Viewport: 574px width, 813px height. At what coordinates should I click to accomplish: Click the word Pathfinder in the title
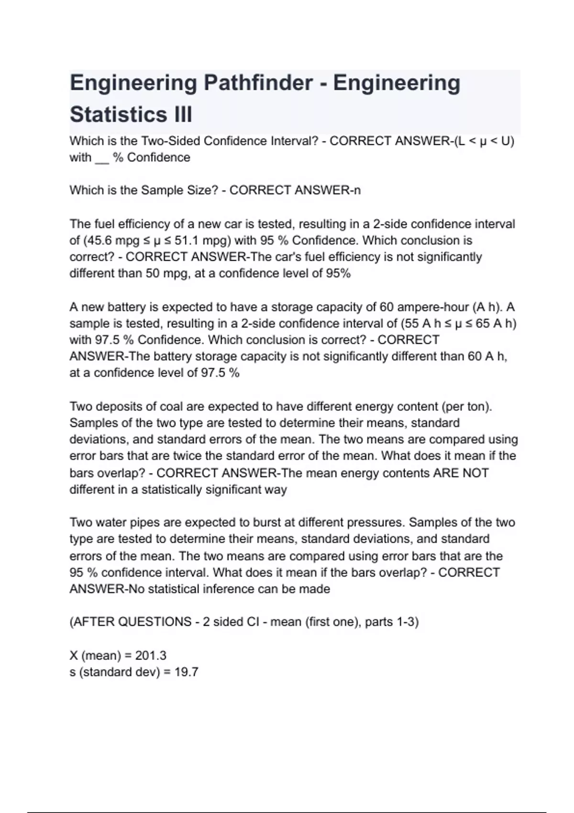[x=258, y=83]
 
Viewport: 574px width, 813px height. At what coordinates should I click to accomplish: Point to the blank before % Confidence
[x=102, y=158]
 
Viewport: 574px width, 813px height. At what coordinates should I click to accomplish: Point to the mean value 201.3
[x=151, y=655]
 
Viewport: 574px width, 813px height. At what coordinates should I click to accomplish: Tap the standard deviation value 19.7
[x=187, y=672]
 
